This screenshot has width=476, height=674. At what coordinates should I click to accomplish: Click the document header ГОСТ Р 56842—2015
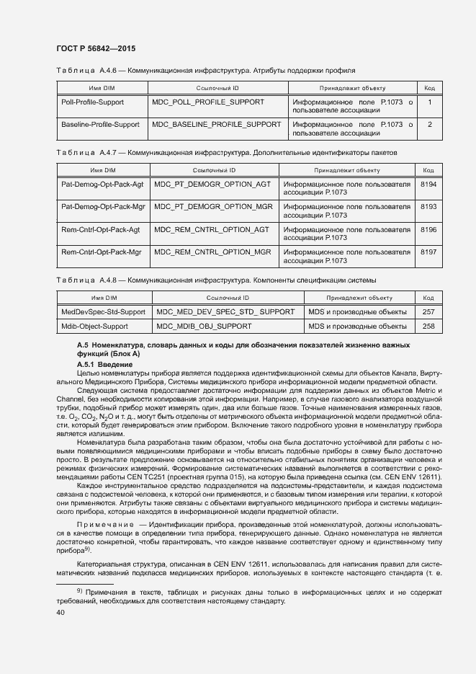click(96, 48)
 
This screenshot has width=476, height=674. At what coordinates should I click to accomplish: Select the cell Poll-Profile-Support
click(92, 102)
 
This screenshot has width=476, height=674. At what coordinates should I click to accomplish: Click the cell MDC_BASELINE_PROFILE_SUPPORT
click(217, 125)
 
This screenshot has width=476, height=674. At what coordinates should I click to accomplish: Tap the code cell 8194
click(428, 185)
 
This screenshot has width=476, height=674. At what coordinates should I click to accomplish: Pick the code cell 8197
click(428, 252)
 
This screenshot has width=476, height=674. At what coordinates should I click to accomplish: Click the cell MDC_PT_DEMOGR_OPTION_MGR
click(213, 207)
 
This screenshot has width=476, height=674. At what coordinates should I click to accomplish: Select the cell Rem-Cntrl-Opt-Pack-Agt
click(101, 230)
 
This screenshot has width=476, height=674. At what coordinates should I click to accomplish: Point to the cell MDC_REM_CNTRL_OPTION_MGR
click(212, 252)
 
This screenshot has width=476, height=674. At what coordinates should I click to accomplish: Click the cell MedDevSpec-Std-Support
click(103, 312)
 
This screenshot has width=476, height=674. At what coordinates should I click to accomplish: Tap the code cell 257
click(428, 312)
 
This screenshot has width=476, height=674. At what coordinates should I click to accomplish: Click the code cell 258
click(428, 327)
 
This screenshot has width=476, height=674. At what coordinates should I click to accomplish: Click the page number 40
click(60, 613)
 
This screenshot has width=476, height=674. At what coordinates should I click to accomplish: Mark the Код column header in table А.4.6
click(428, 88)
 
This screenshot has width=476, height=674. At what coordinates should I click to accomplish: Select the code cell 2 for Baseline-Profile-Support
click(429, 125)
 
